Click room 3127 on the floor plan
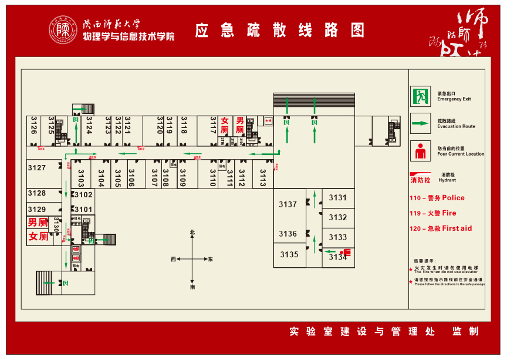(36, 168)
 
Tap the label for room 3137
(288, 204)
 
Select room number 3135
(289, 255)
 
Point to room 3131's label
(337, 198)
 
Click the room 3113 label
(262, 177)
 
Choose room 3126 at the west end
(34, 125)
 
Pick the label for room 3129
(36, 210)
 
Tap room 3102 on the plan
(83, 195)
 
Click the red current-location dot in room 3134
(342, 253)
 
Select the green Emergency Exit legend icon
(420, 96)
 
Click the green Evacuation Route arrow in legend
(420, 123)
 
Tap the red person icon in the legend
(420, 151)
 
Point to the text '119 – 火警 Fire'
(432, 213)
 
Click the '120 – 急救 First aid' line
(441, 228)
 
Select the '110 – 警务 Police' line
(437, 198)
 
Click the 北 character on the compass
(192, 233)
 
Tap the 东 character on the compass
(211, 259)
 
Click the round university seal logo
(63, 29)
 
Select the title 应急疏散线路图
(280, 30)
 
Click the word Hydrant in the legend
(447, 180)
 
